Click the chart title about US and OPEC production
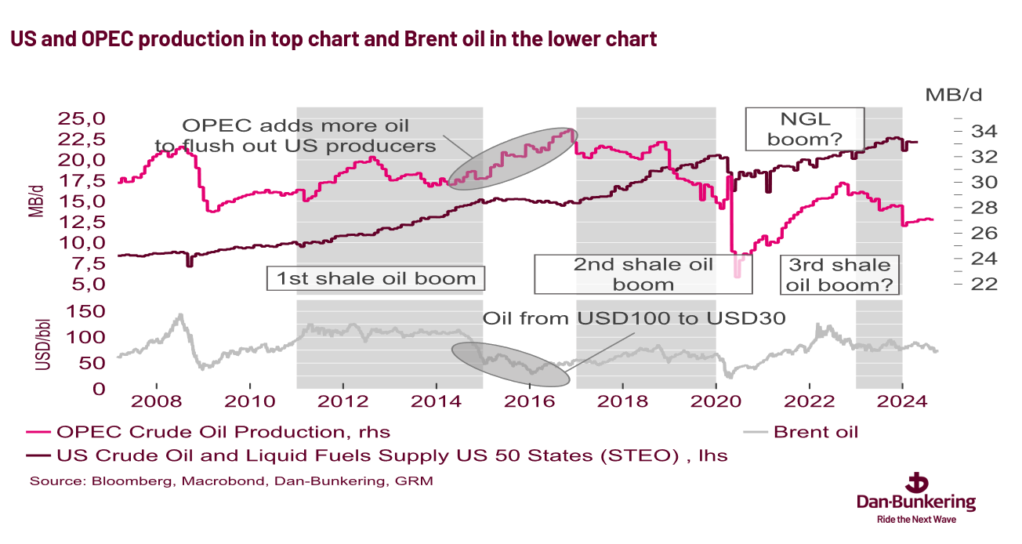(x=333, y=39)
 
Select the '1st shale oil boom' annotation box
(x=376, y=278)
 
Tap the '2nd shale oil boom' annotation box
(x=643, y=274)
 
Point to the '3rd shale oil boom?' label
(x=839, y=274)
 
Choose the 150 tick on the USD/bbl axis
(x=88, y=312)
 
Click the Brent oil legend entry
(x=815, y=432)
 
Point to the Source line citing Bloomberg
(x=231, y=481)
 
